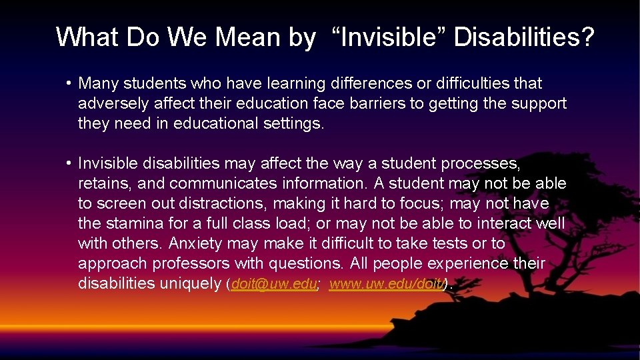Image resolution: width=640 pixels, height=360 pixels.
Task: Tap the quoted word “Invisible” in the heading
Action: (x=393, y=37)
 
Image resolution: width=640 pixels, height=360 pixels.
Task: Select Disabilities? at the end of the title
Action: (x=523, y=37)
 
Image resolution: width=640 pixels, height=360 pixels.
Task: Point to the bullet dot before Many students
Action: (x=69, y=84)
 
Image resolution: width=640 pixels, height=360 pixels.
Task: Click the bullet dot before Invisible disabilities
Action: (x=69, y=163)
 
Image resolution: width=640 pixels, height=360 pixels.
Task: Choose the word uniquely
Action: (x=191, y=283)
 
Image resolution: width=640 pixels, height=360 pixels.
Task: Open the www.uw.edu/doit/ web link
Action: (x=387, y=284)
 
